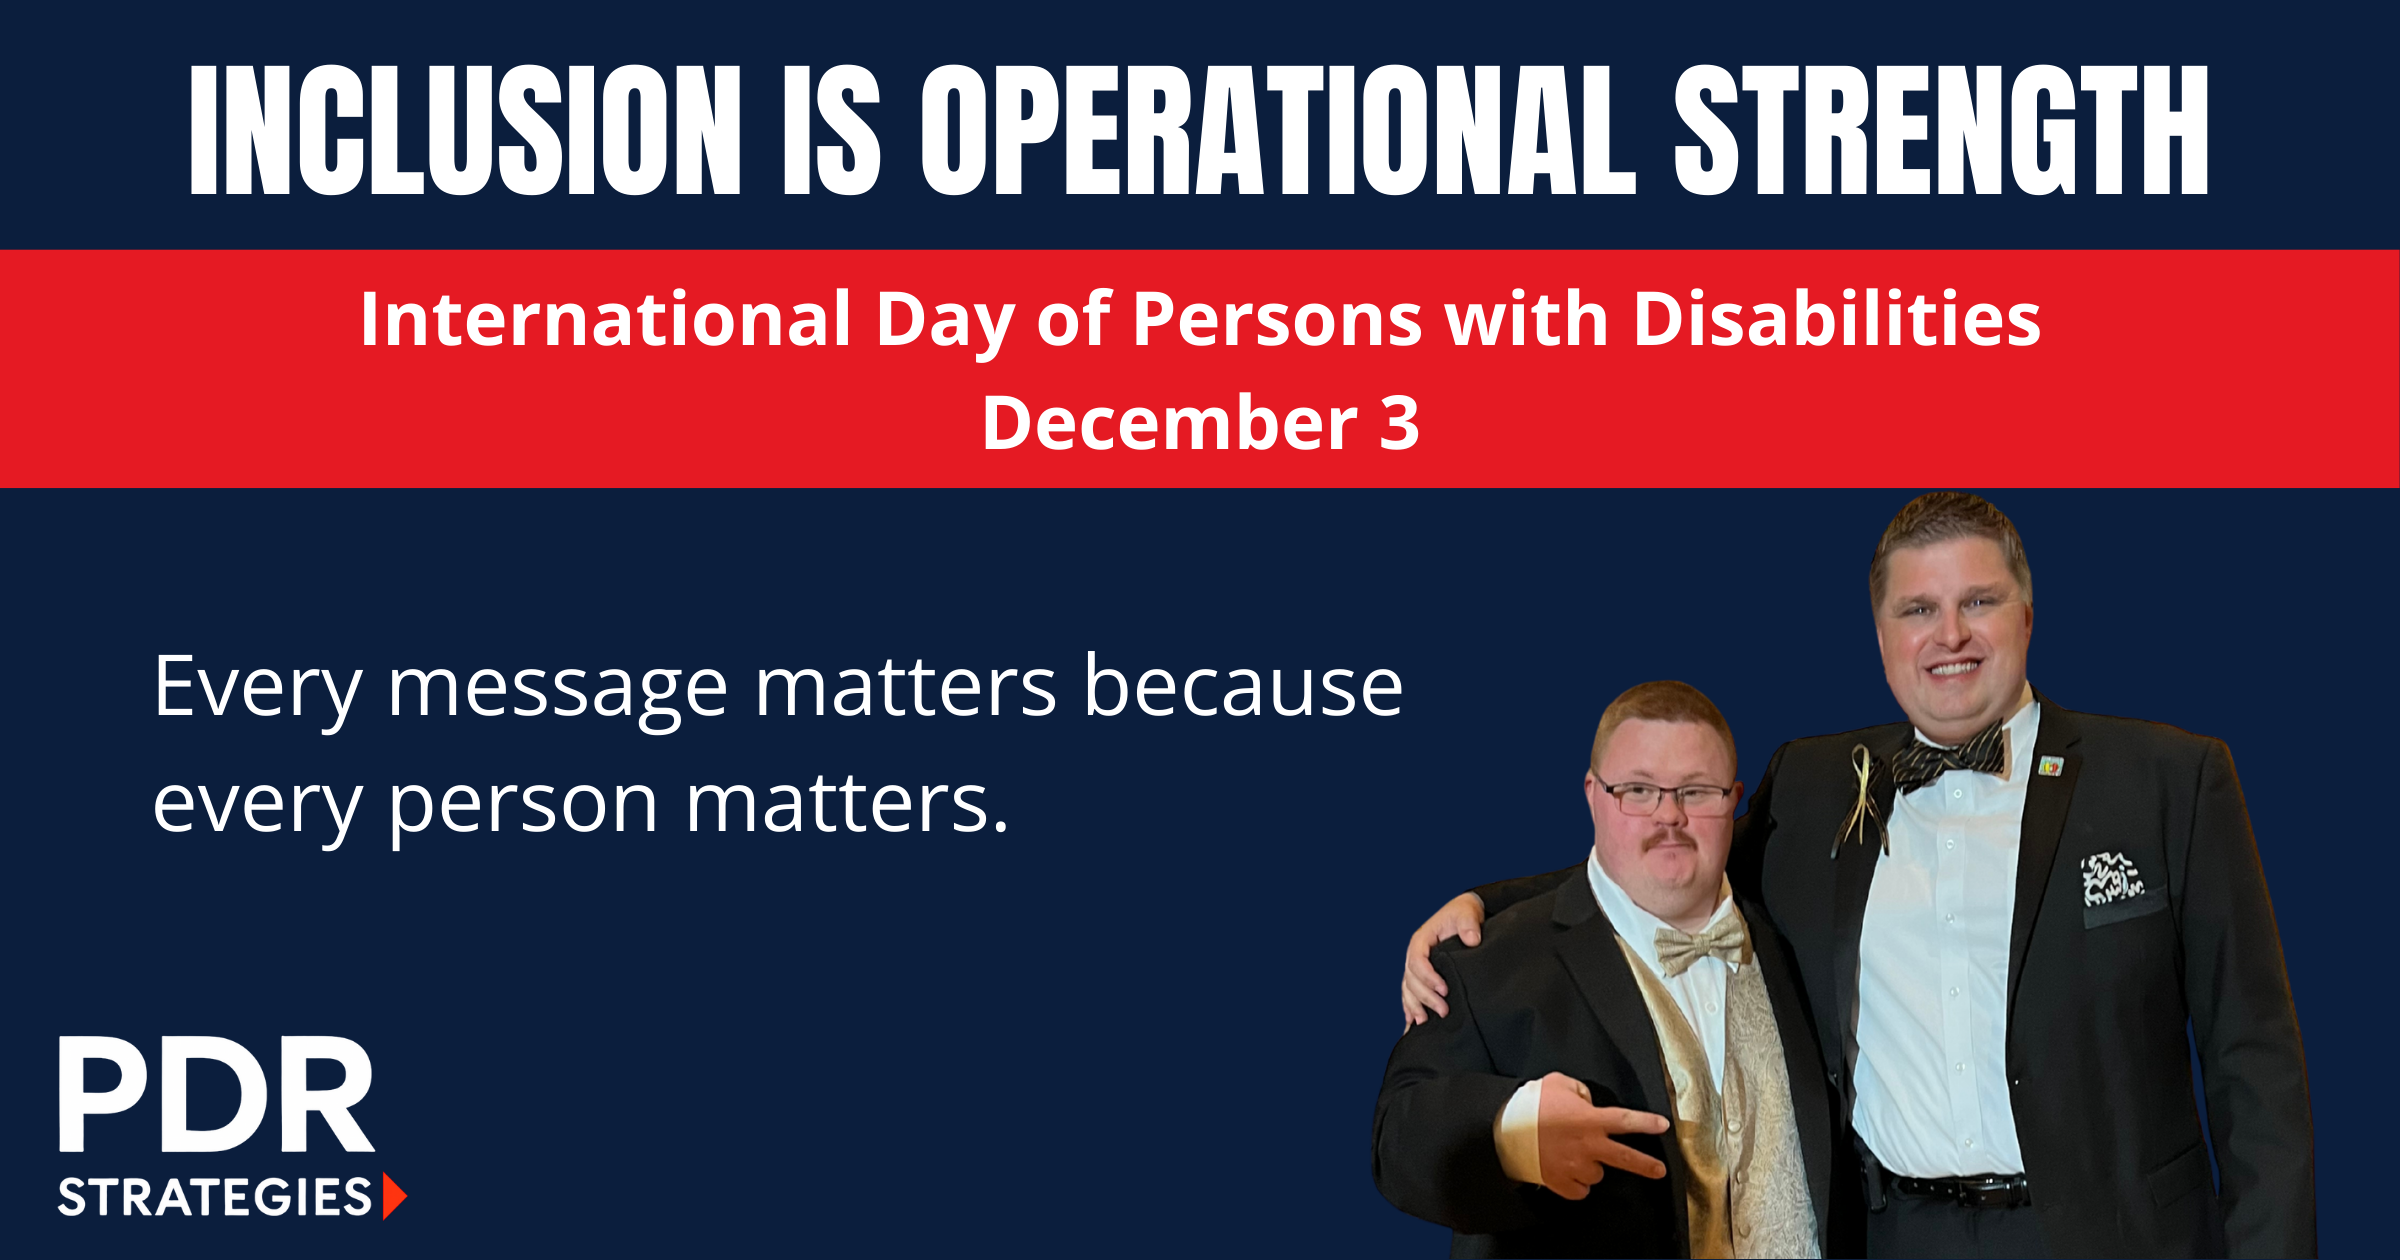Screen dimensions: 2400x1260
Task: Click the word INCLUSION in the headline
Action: (465, 130)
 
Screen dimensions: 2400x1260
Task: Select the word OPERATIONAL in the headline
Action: (1278, 130)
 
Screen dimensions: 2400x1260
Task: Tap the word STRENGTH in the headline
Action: (1941, 130)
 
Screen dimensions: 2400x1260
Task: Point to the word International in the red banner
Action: (605, 320)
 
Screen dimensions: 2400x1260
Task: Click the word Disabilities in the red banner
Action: (1837, 320)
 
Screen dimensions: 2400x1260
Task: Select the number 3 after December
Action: (1400, 423)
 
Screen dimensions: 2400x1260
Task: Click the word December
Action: (1170, 423)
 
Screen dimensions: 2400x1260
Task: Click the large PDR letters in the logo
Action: (216, 1094)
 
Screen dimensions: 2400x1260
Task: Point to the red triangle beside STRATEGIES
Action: (395, 1197)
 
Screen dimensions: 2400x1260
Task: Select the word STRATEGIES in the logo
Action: (215, 1197)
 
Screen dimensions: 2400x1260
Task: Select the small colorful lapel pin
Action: (2051, 767)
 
